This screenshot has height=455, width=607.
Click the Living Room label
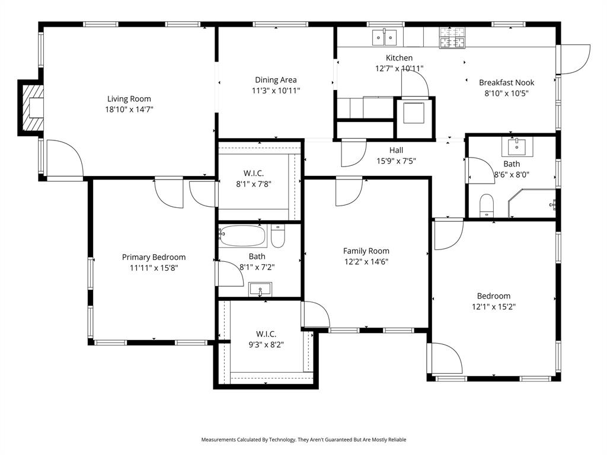(129, 99)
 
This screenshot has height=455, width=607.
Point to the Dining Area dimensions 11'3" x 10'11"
(276, 91)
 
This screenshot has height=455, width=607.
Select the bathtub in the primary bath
(242, 236)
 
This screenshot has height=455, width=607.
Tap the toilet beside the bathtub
(278, 236)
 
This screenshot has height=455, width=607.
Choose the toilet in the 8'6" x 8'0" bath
(486, 205)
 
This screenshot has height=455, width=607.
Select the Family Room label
(366, 251)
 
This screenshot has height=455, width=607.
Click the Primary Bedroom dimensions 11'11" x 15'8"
(154, 268)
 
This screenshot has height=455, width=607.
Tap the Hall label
(396, 150)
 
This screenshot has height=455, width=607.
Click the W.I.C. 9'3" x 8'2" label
(266, 334)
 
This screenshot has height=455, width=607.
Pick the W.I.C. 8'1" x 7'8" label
(253, 173)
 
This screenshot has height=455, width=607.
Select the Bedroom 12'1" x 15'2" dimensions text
(493, 307)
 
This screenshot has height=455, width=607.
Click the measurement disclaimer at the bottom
(303, 440)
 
